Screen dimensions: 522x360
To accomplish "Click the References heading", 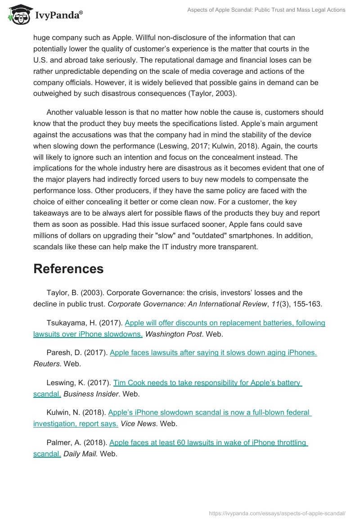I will coord(68,269).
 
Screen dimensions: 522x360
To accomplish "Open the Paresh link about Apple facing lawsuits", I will coord(213,353).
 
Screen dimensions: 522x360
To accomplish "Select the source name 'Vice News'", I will coord(138,424).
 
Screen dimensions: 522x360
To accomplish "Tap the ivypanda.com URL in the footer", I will coord(277,513).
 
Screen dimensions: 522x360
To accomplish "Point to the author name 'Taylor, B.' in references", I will coord(63,293).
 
